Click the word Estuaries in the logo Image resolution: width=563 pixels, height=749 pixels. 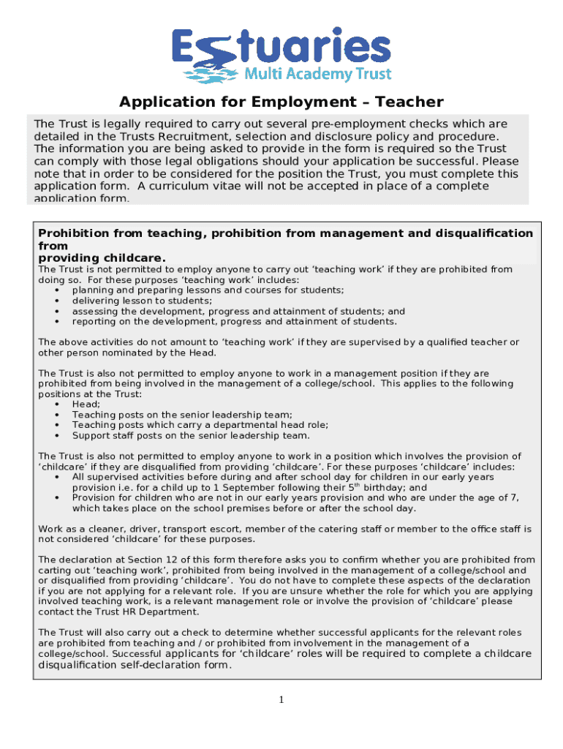coord(281,47)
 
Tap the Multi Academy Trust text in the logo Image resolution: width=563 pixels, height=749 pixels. coord(317,74)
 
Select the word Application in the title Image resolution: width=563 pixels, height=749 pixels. coord(162,102)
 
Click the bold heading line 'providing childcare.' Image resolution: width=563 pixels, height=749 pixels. coord(102,258)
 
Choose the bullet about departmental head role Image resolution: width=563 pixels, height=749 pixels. coord(200,425)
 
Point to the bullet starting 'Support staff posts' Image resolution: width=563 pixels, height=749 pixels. coord(190,435)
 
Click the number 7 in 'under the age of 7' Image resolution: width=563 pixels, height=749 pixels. coord(516,498)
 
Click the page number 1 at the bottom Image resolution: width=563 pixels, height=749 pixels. coord(281,701)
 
